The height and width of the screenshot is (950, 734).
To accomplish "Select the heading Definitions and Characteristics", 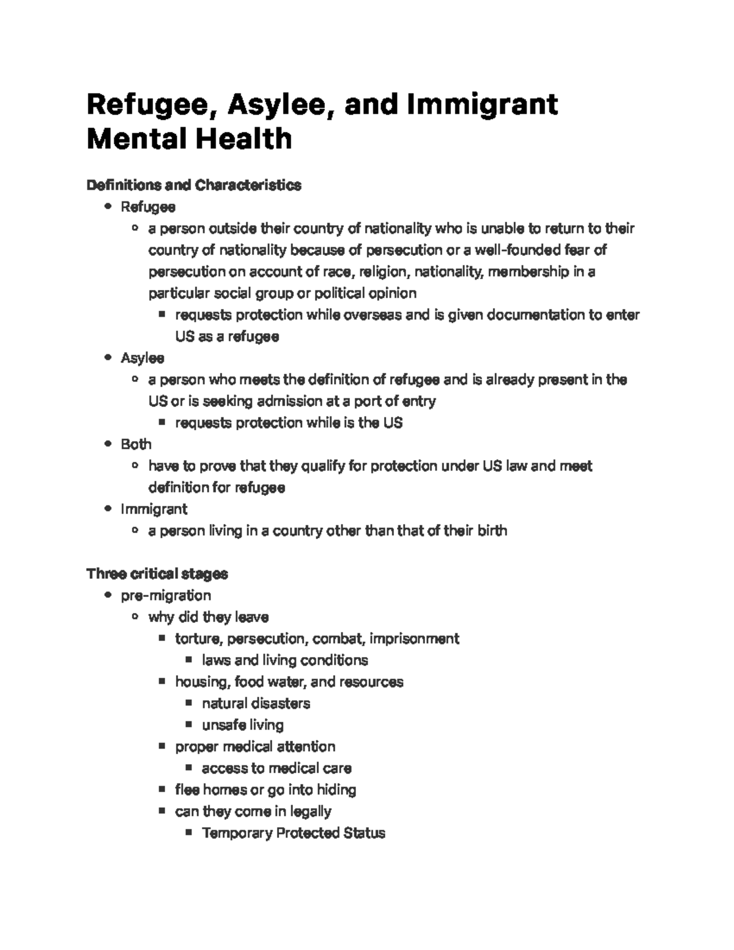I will click(194, 185).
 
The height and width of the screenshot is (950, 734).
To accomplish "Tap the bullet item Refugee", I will click(148, 207).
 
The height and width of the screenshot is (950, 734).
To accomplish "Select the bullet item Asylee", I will click(143, 358).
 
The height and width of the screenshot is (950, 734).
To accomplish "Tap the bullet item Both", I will click(136, 444).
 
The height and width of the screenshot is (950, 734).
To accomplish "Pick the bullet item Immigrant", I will click(154, 509).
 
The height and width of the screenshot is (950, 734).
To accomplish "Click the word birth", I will click(491, 530).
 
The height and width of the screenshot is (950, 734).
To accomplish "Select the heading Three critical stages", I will click(157, 574).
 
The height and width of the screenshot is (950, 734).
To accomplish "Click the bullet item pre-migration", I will click(166, 595).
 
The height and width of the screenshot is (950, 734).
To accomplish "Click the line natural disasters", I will click(256, 703).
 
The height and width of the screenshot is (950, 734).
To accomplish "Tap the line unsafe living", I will click(243, 725).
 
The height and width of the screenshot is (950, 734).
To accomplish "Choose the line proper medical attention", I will click(255, 746).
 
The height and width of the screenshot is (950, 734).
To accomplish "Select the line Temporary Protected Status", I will click(294, 833).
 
